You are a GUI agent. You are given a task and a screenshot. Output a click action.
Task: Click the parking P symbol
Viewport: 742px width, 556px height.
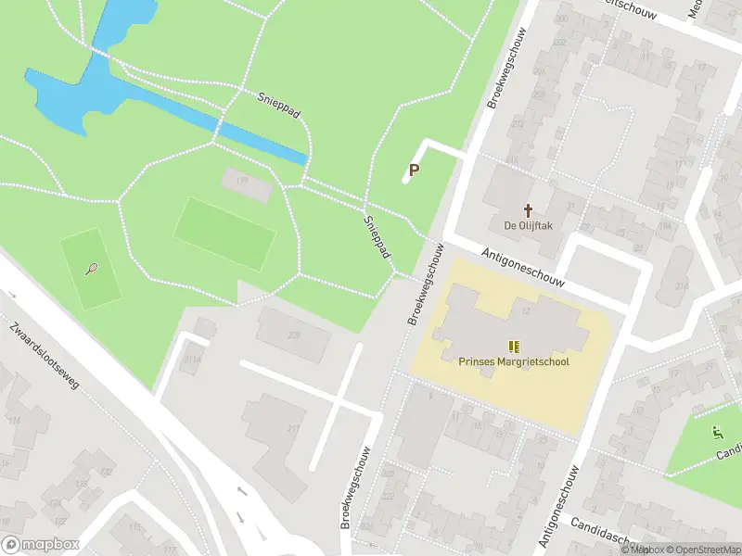(414, 170)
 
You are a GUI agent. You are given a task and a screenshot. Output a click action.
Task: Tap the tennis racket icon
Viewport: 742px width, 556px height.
(91, 269)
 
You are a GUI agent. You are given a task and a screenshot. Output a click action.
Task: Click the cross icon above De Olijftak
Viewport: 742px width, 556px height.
(530, 210)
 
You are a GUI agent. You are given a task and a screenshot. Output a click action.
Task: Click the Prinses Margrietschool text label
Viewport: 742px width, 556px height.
(513, 361)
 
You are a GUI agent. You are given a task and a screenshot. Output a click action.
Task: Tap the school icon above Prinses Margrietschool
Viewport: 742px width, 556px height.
(514, 347)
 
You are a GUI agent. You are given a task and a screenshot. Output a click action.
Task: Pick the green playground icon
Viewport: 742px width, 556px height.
(717, 432)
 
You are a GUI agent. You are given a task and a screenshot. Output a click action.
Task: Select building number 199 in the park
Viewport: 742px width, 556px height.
(243, 181)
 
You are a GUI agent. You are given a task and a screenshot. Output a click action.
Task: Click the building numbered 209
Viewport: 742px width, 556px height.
(294, 335)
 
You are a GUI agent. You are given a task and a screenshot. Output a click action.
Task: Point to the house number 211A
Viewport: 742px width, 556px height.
(193, 360)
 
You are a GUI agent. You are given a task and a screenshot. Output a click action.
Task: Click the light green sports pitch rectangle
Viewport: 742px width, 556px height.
(225, 234)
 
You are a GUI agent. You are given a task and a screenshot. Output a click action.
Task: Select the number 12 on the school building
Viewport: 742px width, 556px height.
(526, 310)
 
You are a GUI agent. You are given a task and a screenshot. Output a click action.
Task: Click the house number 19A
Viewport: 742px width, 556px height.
(638, 225)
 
